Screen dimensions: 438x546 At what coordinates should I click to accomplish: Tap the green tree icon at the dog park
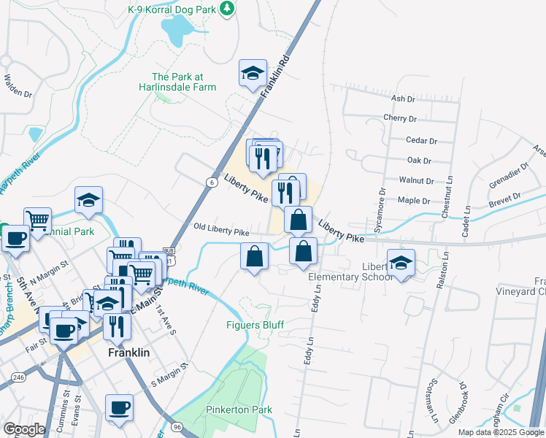pos(228,7)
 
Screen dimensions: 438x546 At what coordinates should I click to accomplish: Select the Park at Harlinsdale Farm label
pos(184,82)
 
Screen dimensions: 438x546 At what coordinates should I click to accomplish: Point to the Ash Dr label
pos(403,98)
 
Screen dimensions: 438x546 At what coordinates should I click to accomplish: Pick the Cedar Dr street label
pos(422,141)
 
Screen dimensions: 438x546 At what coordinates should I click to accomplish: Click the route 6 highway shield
pos(210,182)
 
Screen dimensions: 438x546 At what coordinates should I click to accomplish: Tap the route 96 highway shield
pos(177,426)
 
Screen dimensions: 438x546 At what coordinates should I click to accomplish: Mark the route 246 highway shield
pos(18,377)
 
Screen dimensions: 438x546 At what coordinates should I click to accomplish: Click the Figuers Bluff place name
pos(255,324)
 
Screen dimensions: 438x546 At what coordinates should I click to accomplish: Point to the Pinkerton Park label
pos(239,410)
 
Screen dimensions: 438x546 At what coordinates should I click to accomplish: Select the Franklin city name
pos(128,353)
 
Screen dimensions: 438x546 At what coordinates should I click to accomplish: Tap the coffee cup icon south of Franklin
pos(119,407)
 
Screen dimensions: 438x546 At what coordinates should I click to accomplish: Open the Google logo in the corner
pos(24,429)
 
